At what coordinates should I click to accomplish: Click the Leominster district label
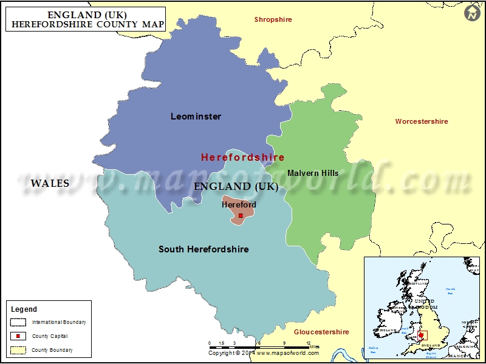[x=196, y=116]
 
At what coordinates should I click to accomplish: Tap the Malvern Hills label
[x=313, y=173]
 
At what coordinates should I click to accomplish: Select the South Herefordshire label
[x=204, y=249]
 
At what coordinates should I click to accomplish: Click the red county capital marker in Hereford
[x=241, y=215]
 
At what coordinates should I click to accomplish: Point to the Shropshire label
[x=273, y=19]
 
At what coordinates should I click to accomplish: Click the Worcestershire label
[x=422, y=121]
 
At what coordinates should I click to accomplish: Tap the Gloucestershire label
[x=321, y=332]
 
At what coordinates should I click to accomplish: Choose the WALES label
[x=50, y=183]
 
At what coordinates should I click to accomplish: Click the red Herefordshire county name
[x=242, y=157]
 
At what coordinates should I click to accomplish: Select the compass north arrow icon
[x=472, y=12]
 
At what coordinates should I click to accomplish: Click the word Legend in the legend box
[x=24, y=309]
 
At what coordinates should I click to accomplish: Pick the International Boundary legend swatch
[x=18, y=322]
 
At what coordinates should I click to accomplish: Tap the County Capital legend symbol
[x=18, y=336]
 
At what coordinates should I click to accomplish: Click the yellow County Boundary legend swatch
[x=18, y=350]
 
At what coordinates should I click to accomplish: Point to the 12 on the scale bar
[x=309, y=343]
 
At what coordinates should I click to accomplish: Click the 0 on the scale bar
[x=210, y=343]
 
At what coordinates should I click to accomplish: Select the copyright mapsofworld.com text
[x=259, y=353]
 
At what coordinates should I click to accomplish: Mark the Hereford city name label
[x=239, y=204]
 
